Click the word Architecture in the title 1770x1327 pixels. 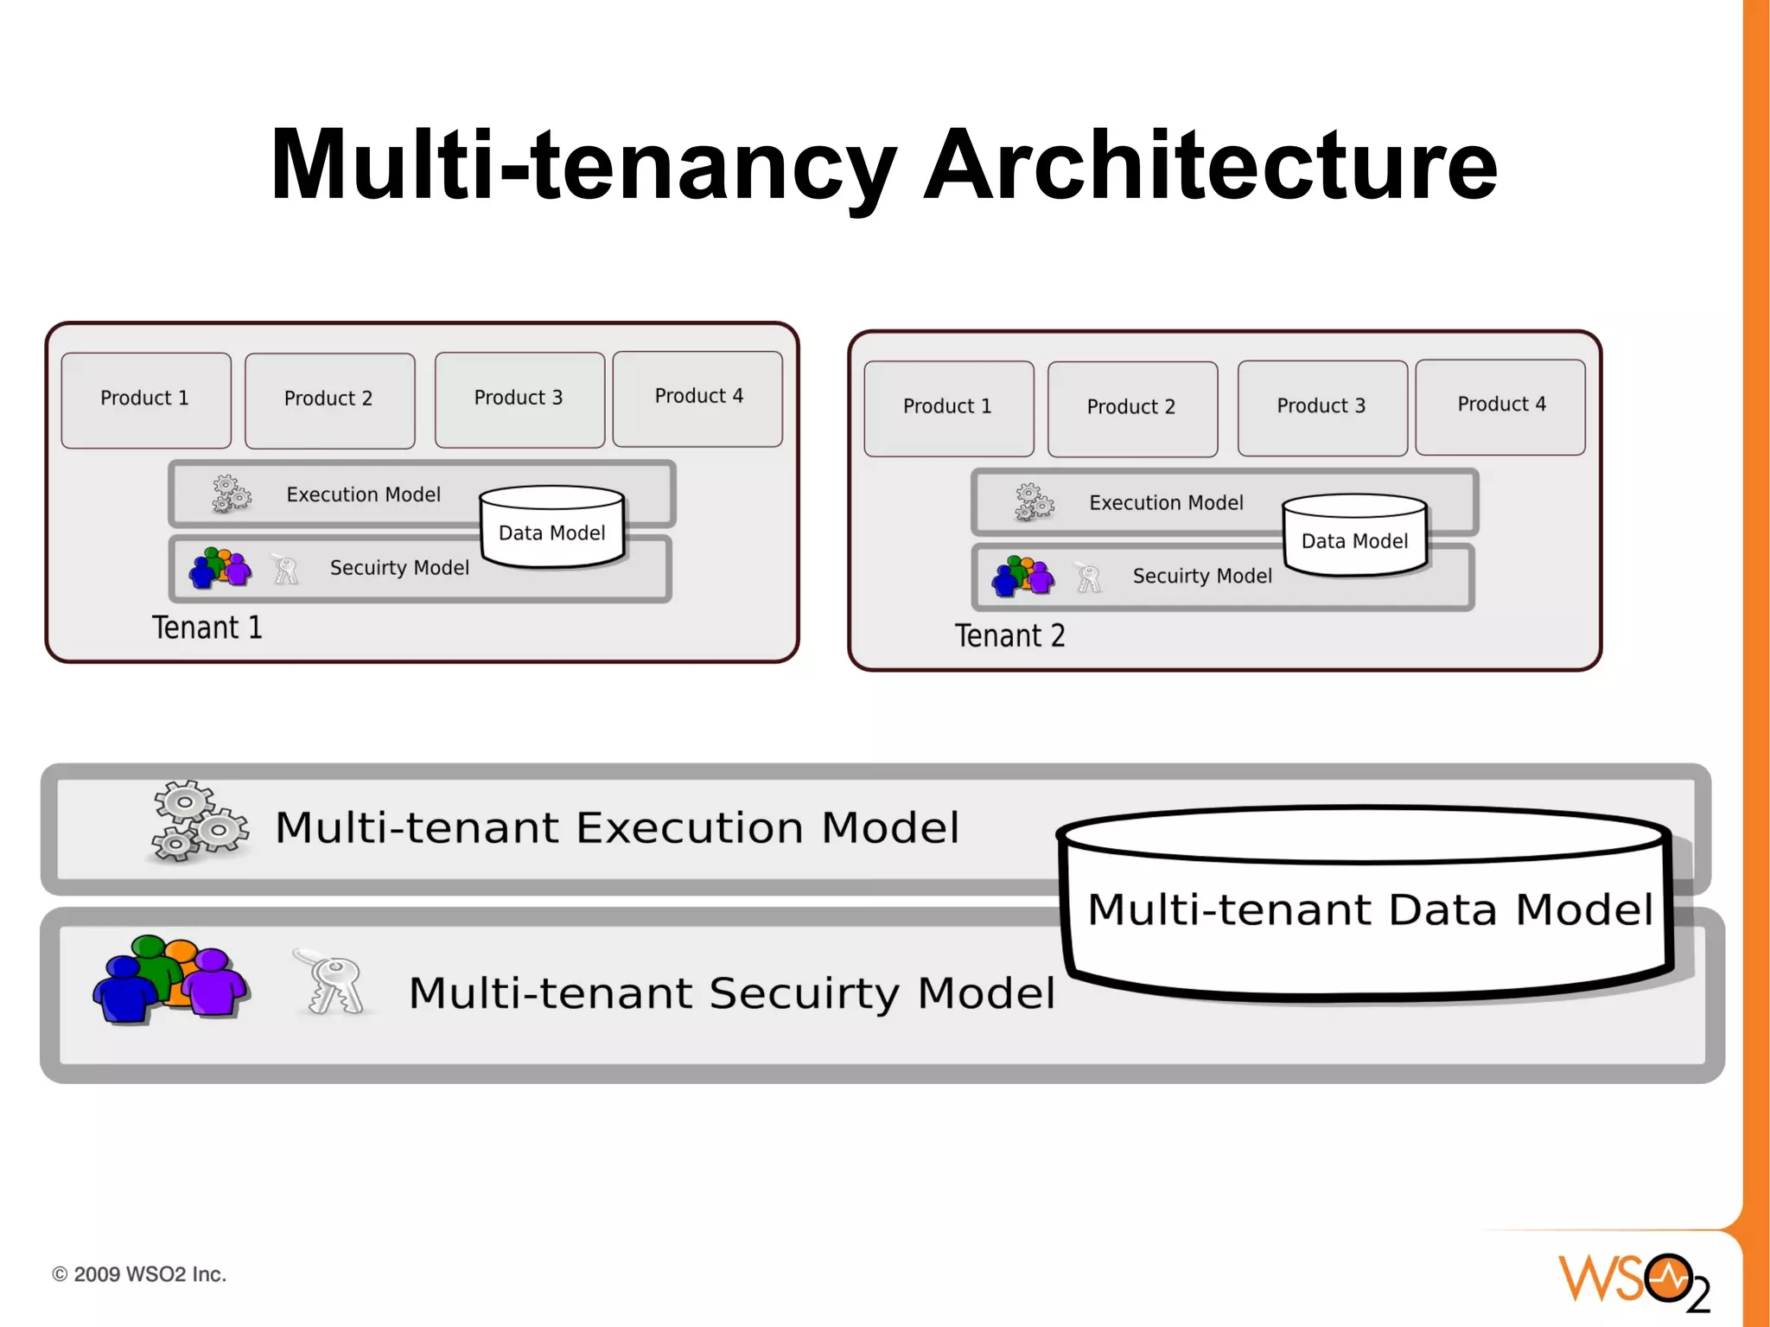pyautogui.click(x=1210, y=164)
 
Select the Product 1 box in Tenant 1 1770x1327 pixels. pyautogui.click(x=145, y=399)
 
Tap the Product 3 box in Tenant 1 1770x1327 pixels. pyautogui.click(x=519, y=399)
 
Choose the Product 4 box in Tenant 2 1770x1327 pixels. pyautogui.click(x=1500, y=405)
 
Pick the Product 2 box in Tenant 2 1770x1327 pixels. pyautogui.click(x=1131, y=407)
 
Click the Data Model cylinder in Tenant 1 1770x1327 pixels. pyautogui.click(x=552, y=527)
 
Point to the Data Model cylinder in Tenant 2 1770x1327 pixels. pyautogui.click(x=1354, y=536)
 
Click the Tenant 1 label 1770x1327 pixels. pyautogui.click(x=207, y=628)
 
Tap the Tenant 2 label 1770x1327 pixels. pyautogui.click(x=1009, y=636)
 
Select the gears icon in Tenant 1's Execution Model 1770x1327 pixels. pyautogui.click(x=231, y=494)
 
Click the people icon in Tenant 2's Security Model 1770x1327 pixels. pyautogui.click(x=1023, y=577)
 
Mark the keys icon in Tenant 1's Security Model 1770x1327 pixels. pyautogui.click(x=284, y=570)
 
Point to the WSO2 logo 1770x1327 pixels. pyautogui.click(x=1634, y=1280)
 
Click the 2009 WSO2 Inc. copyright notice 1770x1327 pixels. pyautogui.click(x=139, y=1274)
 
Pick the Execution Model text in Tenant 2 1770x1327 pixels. pyautogui.click(x=1166, y=503)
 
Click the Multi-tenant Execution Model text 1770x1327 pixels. pyautogui.click(x=617, y=827)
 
